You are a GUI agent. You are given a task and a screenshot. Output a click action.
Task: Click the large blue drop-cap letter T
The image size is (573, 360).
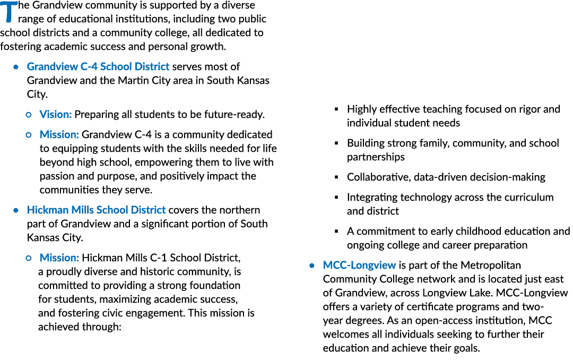point(9,12)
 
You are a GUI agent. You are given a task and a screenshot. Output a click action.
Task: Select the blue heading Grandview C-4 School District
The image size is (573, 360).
point(98,66)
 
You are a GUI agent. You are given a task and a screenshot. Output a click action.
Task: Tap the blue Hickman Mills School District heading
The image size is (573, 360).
point(96,210)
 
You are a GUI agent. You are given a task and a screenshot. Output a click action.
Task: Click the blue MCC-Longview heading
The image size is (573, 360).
point(359,265)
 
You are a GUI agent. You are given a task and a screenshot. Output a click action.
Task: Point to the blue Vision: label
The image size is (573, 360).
point(56,115)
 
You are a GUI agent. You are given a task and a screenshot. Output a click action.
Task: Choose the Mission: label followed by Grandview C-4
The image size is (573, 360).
point(59,135)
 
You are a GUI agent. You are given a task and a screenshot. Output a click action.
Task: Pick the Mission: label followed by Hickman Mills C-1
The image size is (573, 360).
point(59,258)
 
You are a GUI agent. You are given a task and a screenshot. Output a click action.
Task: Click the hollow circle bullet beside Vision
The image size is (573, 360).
point(29,115)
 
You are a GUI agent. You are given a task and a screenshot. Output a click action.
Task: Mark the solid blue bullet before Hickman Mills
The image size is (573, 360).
point(16,210)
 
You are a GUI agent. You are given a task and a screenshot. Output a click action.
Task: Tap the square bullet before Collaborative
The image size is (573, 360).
point(336,177)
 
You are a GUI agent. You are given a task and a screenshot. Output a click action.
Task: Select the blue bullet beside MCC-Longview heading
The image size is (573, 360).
point(312,265)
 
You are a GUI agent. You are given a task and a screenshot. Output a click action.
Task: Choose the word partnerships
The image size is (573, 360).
point(376,157)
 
